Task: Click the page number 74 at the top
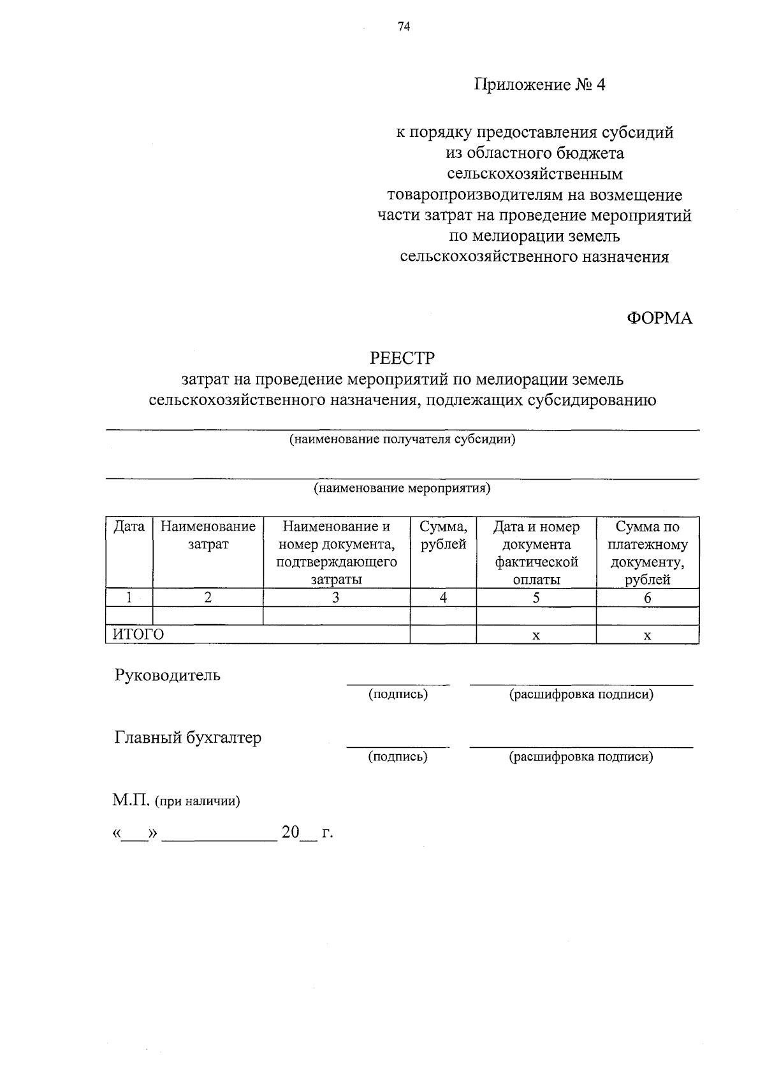[403, 26]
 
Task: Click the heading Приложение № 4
[539, 85]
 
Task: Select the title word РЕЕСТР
[402, 358]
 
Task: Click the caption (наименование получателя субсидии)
[402, 439]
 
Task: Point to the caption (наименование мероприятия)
[402, 489]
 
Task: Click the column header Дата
[129, 527]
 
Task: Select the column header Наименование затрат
[208, 536]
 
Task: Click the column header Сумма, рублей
[443, 536]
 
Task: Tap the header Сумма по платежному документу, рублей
[647, 553]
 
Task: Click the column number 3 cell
[336, 597]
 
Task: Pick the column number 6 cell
[647, 597]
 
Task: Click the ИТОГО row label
[138, 634]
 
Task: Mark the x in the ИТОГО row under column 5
[536, 635]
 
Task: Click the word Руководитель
[168, 675]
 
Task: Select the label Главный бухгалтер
[188, 738]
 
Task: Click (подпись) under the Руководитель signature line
[398, 694]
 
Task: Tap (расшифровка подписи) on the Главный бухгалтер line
[581, 757]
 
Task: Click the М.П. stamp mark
[131, 801]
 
